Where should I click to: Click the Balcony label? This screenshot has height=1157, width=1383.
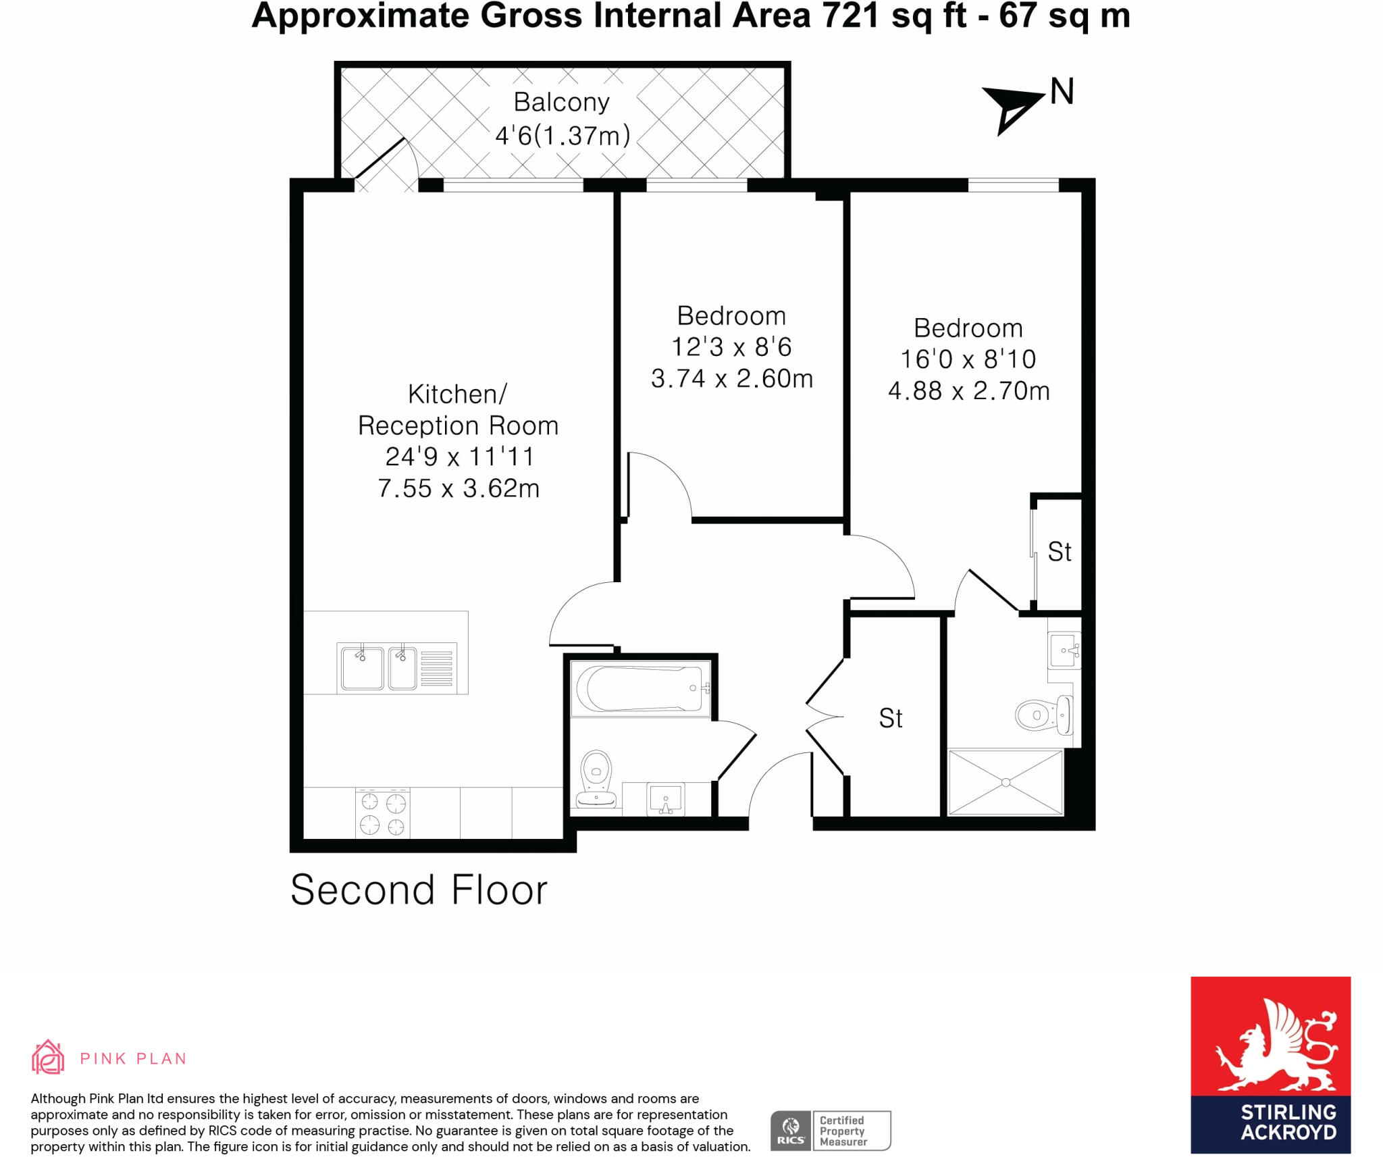[x=561, y=102]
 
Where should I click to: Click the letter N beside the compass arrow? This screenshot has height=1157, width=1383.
[x=1062, y=92]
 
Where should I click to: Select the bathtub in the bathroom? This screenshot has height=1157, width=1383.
[x=640, y=688]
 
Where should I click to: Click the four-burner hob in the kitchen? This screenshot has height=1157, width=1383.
[x=382, y=813]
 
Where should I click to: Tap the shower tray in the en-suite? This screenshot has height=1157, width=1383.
[x=1006, y=782]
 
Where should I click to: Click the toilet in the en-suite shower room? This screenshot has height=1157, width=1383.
[x=1041, y=715]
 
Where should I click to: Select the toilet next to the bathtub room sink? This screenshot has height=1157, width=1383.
[x=596, y=779]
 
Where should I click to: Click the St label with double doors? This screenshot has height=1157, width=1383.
[x=890, y=718]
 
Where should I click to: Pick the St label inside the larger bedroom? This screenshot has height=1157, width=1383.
[x=1059, y=552]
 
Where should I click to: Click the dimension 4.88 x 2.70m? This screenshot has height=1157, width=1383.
[x=968, y=391]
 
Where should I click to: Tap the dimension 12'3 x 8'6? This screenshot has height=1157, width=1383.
[x=731, y=347]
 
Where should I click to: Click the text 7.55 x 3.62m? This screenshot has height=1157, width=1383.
[x=459, y=488]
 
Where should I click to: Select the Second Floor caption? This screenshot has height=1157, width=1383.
[x=419, y=890]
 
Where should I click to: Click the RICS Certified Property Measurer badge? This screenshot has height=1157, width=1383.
[x=830, y=1130]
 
